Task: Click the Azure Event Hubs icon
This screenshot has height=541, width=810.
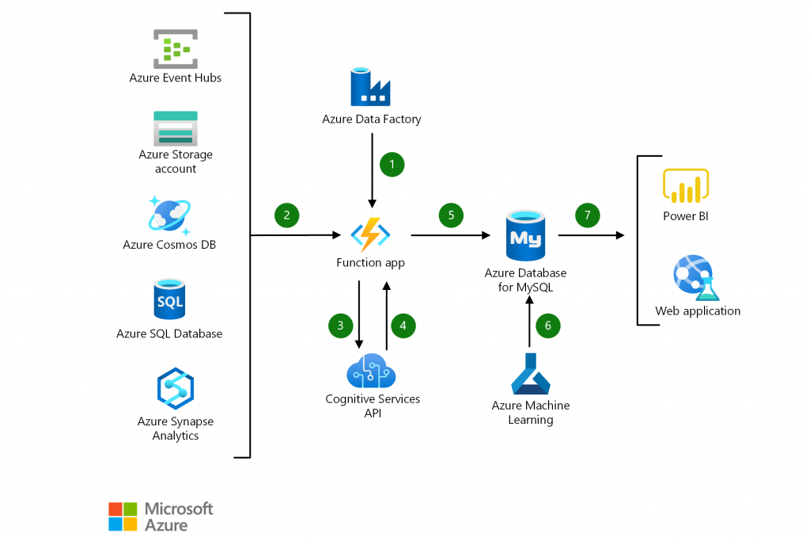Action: (175, 49)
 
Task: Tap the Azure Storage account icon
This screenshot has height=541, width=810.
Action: (175, 128)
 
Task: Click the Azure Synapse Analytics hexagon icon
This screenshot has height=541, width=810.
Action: (175, 388)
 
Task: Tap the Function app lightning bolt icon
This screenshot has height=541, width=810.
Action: (370, 235)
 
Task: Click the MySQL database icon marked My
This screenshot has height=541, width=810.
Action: (524, 236)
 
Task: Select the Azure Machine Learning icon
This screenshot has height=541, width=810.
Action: (530, 374)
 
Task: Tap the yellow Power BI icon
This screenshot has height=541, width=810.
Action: (685, 185)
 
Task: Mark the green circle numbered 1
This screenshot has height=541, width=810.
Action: (392, 164)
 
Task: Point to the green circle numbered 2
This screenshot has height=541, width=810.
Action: (286, 214)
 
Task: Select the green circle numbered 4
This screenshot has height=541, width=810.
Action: (403, 324)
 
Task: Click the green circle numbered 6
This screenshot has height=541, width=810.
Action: (547, 324)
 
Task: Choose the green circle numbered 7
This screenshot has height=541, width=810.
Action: (588, 214)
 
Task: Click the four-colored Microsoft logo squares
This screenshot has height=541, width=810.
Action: (123, 516)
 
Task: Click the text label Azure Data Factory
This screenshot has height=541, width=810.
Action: (371, 120)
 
